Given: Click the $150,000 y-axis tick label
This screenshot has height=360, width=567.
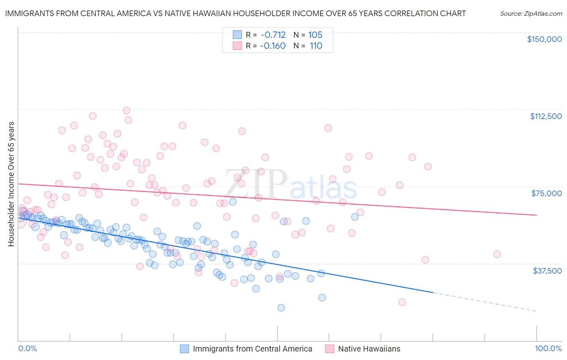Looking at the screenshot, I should click(x=544, y=39).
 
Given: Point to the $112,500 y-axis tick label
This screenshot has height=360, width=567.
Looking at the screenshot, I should click(x=546, y=116).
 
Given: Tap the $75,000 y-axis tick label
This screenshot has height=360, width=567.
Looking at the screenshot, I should click(x=546, y=193).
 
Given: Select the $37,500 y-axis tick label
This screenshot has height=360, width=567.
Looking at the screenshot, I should click(x=547, y=270).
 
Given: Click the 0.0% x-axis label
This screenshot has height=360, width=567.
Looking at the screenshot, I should click(x=27, y=349).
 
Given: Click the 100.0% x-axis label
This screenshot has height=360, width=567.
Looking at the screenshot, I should click(x=548, y=349).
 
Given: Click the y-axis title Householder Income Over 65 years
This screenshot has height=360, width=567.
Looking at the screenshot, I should click(x=11, y=184).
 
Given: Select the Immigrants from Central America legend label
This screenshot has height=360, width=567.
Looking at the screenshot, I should click(x=252, y=349).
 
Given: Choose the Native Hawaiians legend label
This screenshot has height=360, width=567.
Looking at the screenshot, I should click(x=369, y=349).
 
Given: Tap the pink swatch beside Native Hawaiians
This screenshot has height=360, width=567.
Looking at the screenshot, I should click(x=329, y=349).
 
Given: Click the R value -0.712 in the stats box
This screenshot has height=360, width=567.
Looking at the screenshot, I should click(x=273, y=35).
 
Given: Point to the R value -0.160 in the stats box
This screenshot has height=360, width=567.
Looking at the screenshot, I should click(x=273, y=46).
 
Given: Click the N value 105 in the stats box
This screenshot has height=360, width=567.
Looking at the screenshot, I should click(x=315, y=35).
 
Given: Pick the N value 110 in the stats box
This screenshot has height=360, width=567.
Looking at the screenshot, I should click(x=316, y=46).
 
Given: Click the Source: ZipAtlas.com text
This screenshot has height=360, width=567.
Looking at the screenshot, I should click(x=531, y=14).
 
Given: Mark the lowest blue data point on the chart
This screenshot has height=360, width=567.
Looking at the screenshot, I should click(x=281, y=308).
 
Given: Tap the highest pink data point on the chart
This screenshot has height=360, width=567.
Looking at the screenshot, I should click(x=126, y=110).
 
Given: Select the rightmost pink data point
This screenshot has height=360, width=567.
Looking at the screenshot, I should click(x=497, y=254).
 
